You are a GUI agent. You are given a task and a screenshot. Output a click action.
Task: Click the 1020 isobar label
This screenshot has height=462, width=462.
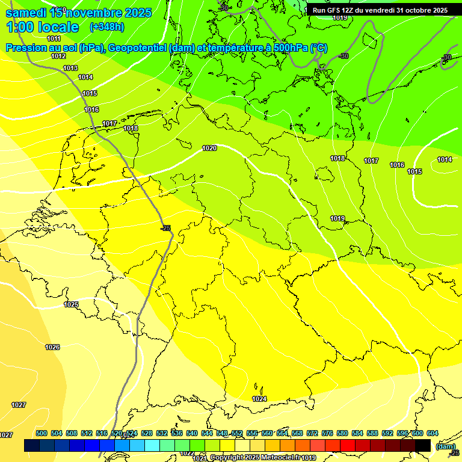click(x=209, y=148)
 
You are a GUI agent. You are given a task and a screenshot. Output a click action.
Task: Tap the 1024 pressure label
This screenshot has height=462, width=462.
click(x=259, y=399)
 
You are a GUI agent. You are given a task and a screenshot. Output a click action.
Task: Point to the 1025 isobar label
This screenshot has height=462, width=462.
click(x=71, y=304)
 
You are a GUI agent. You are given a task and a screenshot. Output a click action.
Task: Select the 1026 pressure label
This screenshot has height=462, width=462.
click(x=52, y=347)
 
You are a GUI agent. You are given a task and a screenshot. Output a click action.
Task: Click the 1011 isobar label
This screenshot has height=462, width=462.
click(x=54, y=38)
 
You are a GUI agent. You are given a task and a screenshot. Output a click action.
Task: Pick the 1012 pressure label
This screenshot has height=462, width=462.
click(x=58, y=56)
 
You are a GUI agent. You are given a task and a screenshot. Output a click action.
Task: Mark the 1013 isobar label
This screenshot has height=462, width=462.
click(x=70, y=68)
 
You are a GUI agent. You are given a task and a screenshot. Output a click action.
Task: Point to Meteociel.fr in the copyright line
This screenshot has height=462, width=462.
click(x=280, y=458)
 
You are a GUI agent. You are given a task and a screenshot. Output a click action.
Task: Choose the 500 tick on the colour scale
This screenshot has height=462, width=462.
click(x=42, y=433)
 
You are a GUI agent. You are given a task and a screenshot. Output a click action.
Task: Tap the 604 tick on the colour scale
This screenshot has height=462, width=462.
click(x=433, y=433)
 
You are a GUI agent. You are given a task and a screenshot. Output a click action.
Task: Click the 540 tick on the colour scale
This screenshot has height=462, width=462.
click(x=192, y=433)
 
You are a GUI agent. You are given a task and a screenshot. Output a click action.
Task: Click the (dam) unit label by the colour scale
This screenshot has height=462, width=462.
click(x=446, y=446)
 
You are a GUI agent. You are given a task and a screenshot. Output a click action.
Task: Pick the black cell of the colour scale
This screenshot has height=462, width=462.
click(x=423, y=445)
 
